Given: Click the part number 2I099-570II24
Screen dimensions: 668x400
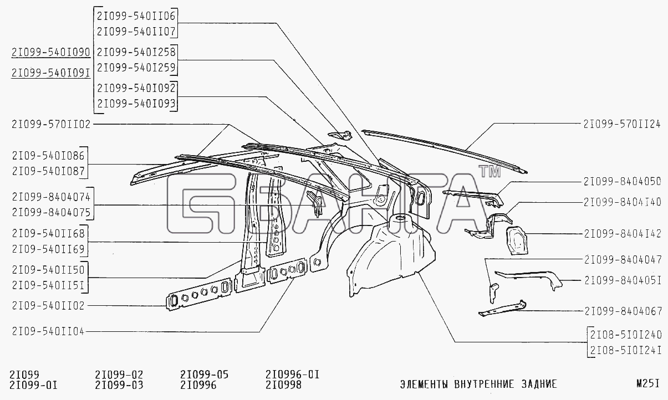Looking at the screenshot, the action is click(x=622, y=124).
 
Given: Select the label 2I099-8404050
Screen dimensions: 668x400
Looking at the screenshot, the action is click(x=623, y=182).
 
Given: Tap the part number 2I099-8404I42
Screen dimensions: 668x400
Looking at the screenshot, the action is click(x=623, y=234).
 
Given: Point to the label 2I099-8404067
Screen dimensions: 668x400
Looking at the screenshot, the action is click(x=623, y=311).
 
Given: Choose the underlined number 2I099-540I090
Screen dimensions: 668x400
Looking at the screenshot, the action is click(x=50, y=53).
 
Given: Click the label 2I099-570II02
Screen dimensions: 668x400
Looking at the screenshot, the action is click(x=51, y=124).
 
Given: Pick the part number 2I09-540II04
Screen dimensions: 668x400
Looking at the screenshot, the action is click(x=48, y=331).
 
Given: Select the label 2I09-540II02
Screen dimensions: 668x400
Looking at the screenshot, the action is click(x=48, y=306).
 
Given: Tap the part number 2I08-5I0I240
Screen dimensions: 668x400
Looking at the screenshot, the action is click(x=626, y=335).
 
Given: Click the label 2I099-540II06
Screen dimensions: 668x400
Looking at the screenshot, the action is click(x=136, y=16).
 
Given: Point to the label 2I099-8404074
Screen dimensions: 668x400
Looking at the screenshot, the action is click(x=51, y=197).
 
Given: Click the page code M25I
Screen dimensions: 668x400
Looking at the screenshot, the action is click(x=648, y=384).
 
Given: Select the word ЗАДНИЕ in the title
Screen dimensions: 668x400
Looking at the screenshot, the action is click(x=539, y=384).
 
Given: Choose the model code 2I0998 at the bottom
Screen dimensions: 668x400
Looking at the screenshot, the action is click(x=284, y=385).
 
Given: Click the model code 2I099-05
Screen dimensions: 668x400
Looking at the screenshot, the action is click(x=204, y=375).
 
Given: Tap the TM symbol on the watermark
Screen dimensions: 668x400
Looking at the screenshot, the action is click(x=489, y=171).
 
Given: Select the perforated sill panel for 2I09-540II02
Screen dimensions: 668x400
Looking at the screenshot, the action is click(x=199, y=293).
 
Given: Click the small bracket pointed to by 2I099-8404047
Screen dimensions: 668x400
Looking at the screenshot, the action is click(x=493, y=293).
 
